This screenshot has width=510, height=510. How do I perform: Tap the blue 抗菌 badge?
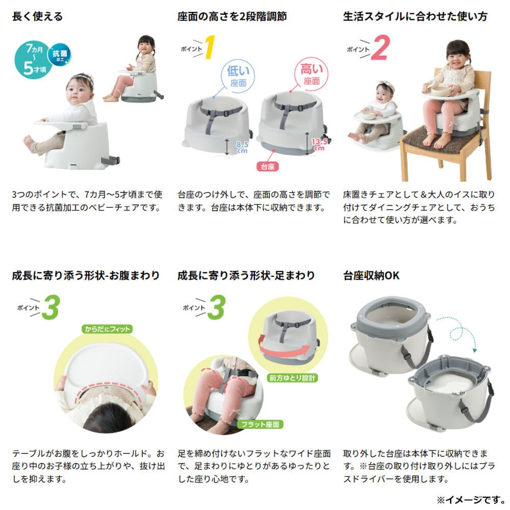point(60,55)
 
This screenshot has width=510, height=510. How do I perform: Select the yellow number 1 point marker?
point(210,47)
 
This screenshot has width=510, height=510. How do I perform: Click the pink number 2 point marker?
point(380,48)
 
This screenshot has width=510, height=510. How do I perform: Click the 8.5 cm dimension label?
point(242,147)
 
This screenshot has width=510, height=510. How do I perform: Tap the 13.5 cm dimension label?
point(319,144)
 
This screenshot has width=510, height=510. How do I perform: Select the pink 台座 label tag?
point(267,167)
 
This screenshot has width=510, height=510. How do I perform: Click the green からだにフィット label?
point(107,329)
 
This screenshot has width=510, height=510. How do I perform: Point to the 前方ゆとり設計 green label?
point(292,377)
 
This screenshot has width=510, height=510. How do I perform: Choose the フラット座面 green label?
point(260,424)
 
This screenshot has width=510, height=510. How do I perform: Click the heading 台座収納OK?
point(371,275)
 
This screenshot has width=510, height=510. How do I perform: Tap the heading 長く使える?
point(37,16)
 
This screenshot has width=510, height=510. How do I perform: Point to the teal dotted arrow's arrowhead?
point(474,350)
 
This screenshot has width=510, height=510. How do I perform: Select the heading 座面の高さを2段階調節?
point(232,16)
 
